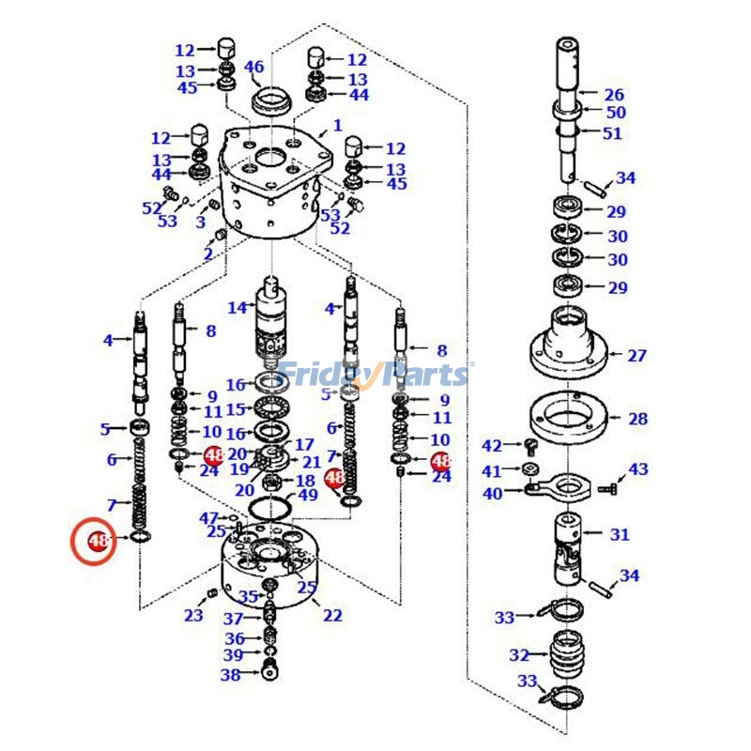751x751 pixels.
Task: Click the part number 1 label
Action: (338, 126)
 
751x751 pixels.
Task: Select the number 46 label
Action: (253, 67)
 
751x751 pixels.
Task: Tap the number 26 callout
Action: (614, 95)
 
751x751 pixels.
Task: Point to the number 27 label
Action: (637, 356)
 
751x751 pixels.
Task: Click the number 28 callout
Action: (638, 419)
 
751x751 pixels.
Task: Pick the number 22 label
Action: (332, 615)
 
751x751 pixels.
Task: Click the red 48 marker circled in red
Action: (99, 542)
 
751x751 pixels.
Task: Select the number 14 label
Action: (238, 308)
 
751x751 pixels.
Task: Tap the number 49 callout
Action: (308, 495)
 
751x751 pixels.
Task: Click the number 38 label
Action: (230, 675)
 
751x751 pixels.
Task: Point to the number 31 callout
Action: (620, 534)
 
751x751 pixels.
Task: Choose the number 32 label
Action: (519, 654)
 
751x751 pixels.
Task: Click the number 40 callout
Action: (493, 493)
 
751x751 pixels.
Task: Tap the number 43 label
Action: (638, 468)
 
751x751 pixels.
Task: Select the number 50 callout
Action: (616, 113)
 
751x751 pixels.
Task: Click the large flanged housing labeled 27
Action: (569, 344)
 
